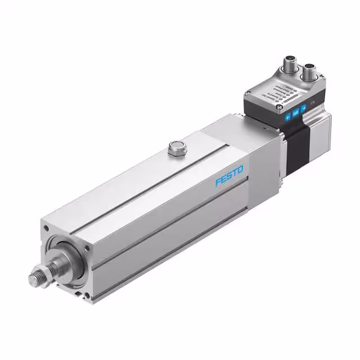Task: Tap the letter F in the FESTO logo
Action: point(218,183)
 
